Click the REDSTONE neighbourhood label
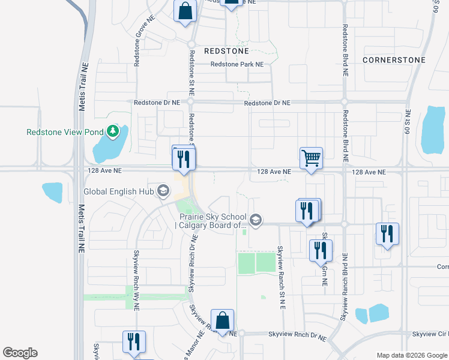[x=226, y=52]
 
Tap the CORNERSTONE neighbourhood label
[x=394, y=60]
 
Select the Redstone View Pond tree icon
[x=112, y=131]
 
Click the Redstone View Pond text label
[x=65, y=131]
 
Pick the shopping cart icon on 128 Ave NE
[x=312, y=159]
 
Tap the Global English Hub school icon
[x=162, y=191]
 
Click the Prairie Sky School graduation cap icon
[x=256, y=220]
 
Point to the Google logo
[x=20, y=353]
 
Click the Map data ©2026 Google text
[x=411, y=355]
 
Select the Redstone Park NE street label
[x=237, y=64]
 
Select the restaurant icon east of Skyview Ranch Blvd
[x=387, y=233]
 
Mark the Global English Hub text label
[x=119, y=191]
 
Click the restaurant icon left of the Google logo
[x=133, y=341]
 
